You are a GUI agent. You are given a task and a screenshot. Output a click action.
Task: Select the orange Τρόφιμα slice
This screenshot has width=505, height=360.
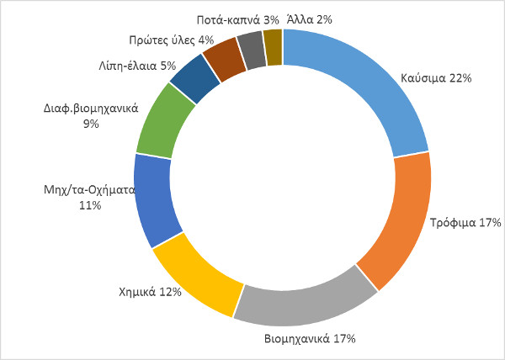[x=405, y=222]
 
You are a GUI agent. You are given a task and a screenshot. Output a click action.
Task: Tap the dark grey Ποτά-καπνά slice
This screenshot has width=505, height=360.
[x=252, y=50]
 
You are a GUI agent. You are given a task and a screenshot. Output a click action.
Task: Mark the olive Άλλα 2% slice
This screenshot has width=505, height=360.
[x=273, y=47]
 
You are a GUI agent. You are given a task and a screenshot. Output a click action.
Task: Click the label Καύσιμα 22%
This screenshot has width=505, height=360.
[x=436, y=78]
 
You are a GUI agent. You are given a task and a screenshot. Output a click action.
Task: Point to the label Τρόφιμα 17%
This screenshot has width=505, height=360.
[x=465, y=223]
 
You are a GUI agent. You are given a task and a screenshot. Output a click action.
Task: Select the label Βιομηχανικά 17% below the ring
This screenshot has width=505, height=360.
[x=310, y=339]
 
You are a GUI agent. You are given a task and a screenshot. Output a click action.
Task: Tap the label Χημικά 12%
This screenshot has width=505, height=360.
[x=150, y=292]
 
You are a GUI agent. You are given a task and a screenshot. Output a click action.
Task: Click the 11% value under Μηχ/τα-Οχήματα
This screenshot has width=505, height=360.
[x=90, y=205]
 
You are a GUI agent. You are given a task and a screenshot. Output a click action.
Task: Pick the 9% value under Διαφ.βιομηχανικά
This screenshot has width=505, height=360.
[x=91, y=124]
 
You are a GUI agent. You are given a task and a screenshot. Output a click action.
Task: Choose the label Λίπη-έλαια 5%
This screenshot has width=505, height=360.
[x=137, y=66]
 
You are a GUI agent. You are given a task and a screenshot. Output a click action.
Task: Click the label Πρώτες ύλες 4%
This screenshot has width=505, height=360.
[x=172, y=40]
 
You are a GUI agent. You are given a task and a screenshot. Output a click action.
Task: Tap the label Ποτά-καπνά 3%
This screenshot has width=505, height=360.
[x=237, y=20]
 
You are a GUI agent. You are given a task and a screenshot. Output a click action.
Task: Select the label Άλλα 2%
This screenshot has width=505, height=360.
[x=309, y=19]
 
